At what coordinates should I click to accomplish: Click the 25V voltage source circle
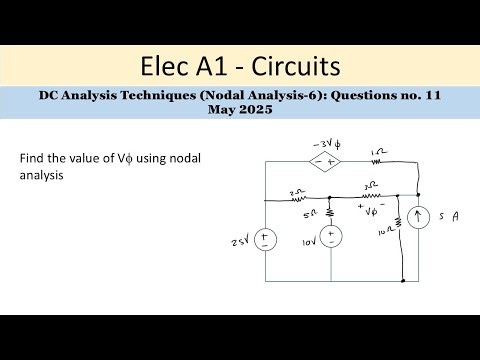click(x=265, y=240)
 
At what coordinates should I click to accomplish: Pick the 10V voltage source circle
click(x=332, y=236)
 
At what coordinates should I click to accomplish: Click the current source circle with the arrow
click(x=418, y=216)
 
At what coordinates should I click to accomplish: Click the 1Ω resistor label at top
click(x=375, y=152)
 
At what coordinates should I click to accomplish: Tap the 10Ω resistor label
click(x=386, y=233)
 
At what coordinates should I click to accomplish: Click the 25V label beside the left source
click(x=238, y=243)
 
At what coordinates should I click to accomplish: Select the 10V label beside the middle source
click(x=307, y=241)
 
